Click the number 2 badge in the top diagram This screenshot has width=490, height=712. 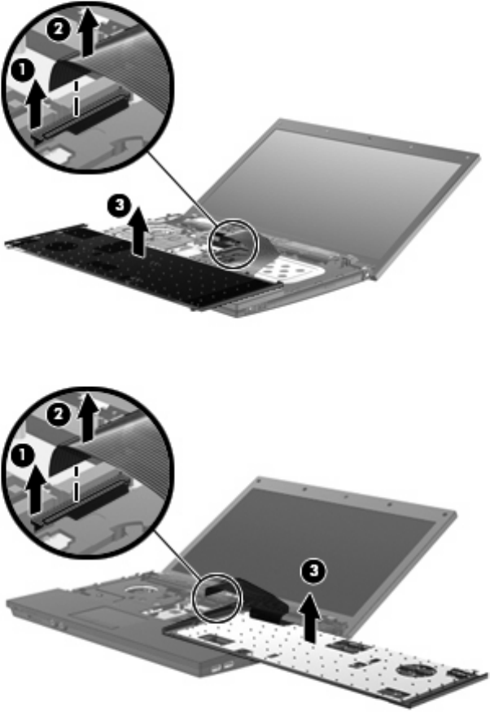58,29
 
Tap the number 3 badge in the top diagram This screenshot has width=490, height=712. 119,204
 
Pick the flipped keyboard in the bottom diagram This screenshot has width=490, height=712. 322,657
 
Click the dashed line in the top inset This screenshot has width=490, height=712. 77,98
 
